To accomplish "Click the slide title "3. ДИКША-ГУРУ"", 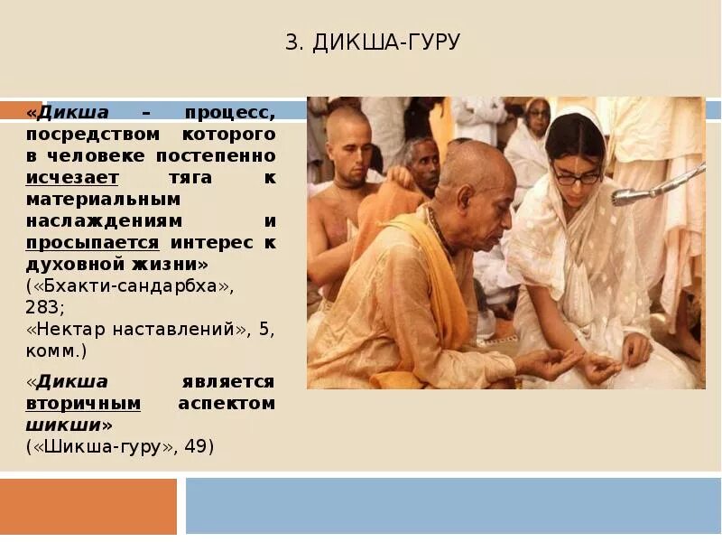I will (374, 42).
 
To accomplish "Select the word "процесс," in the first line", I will (230, 112).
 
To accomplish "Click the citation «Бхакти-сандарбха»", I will (129, 286).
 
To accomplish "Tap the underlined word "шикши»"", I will (69, 425).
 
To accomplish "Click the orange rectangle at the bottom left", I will (88, 506).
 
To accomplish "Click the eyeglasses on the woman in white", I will (577, 176).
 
